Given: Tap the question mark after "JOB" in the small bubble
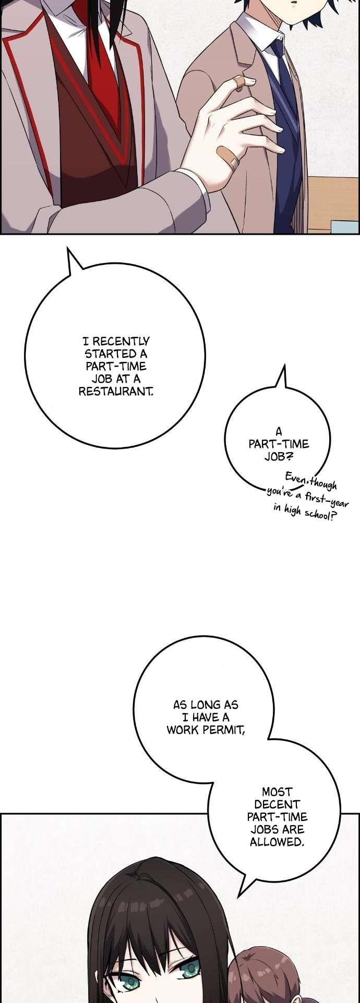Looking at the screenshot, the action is click(x=290, y=456).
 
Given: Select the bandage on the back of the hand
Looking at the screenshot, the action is click(x=228, y=155).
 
